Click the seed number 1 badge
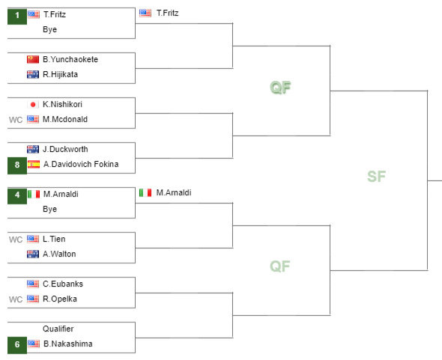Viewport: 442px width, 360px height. coord(17,16)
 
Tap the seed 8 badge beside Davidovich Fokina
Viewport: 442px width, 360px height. coord(17,166)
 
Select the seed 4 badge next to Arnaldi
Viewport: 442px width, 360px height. coord(17,196)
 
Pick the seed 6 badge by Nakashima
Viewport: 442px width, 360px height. coord(17,345)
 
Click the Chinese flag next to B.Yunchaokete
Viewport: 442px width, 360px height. coord(33,59)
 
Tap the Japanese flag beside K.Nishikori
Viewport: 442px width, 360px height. coord(33,105)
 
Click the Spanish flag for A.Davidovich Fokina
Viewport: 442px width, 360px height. coord(34,164)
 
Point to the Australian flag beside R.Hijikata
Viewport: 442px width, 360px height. coord(33,74)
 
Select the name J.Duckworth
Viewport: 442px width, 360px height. coord(65,149)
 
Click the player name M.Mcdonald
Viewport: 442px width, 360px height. coord(65,119)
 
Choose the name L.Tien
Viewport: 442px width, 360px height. coord(54,239)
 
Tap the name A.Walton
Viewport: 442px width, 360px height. coord(59,254)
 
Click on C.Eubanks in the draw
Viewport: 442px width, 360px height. coord(63,284)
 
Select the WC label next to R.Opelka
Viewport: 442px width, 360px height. coord(16,299)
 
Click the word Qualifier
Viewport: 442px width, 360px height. coord(58,329)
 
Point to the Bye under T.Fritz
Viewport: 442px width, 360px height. coord(50,29)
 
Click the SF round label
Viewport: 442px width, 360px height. coord(376,177)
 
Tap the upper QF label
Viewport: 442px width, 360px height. coord(280,87)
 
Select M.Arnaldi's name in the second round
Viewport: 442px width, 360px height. coord(174,192)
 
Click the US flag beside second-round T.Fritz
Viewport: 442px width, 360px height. coord(145,13)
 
